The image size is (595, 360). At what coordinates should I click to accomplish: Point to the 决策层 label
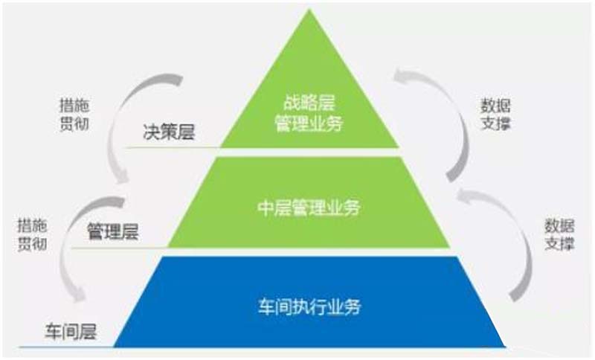point(168,135)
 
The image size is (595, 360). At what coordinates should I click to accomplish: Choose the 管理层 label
point(113,231)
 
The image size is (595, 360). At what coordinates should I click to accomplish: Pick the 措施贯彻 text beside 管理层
point(30,233)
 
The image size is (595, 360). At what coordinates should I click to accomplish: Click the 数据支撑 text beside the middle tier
point(553,233)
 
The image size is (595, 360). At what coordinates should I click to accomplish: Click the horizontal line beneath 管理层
point(119,248)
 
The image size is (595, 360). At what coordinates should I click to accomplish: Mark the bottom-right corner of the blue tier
point(505,345)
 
